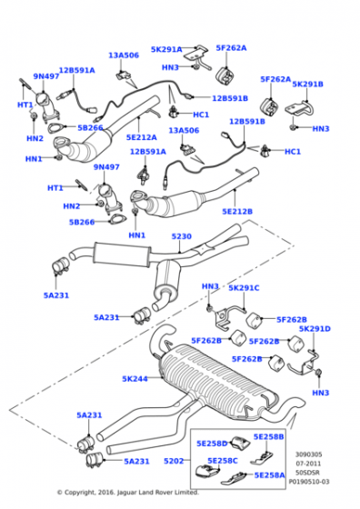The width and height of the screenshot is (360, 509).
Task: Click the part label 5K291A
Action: coord(165,49)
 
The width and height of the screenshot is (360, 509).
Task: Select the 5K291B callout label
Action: coord(307,84)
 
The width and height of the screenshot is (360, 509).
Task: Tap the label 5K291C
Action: coord(244,288)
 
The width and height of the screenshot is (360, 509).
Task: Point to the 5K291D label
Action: coord(315,329)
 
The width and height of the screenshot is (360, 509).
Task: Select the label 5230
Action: coord(182,236)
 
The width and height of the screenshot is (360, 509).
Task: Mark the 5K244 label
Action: coord(135,378)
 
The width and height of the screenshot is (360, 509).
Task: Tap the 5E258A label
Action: coord(268,475)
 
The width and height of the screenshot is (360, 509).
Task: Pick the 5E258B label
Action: coord(268,436)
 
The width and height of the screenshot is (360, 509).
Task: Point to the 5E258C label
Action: coord(224,461)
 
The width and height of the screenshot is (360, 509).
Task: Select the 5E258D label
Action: coord(212,443)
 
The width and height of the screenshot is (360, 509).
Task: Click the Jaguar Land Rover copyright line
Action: coord(127,493)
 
